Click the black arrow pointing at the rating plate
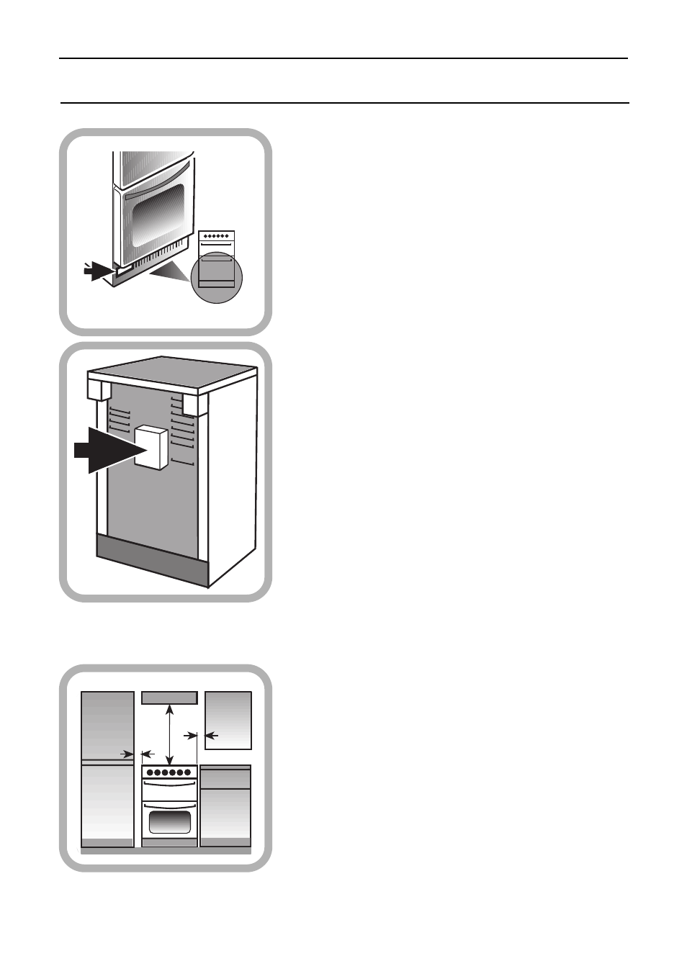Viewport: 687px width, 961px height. click(x=97, y=271)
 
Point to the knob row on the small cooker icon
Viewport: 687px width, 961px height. click(x=217, y=236)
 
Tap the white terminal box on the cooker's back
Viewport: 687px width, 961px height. click(x=151, y=447)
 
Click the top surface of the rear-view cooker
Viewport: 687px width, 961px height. click(x=173, y=375)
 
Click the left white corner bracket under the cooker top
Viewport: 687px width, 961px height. click(x=99, y=389)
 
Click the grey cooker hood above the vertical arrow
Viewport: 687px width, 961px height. click(x=169, y=698)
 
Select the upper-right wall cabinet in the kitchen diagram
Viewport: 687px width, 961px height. click(x=228, y=720)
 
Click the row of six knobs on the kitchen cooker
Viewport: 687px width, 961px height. click(x=169, y=772)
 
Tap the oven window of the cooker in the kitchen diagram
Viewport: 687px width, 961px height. click(x=169, y=821)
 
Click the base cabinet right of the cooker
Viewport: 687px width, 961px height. click(x=225, y=806)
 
